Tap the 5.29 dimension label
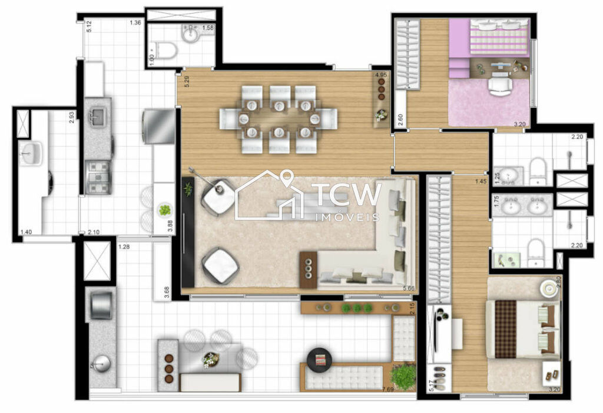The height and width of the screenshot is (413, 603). pyautogui.click(x=187, y=81)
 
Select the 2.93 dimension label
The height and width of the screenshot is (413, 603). pyautogui.click(x=71, y=116)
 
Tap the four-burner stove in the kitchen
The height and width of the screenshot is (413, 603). pyautogui.click(x=98, y=176)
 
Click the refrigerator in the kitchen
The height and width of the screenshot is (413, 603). pyautogui.click(x=158, y=126)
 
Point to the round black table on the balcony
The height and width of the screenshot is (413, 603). pyautogui.click(x=320, y=358)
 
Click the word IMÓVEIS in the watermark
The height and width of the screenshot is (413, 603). pyautogui.click(x=346, y=217)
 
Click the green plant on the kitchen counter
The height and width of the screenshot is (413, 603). pyautogui.click(x=165, y=209)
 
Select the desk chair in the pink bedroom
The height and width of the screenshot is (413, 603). pyautogui.click(x=499, y=86)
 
